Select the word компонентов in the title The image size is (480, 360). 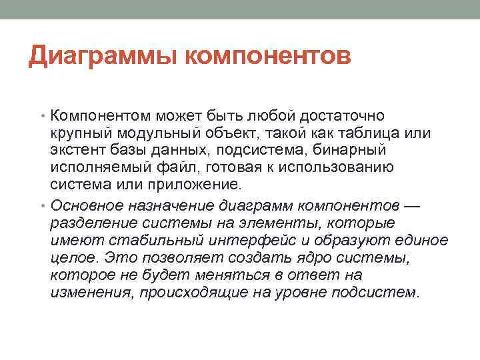tap(267, 56)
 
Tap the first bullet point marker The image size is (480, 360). tap(43, 116)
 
